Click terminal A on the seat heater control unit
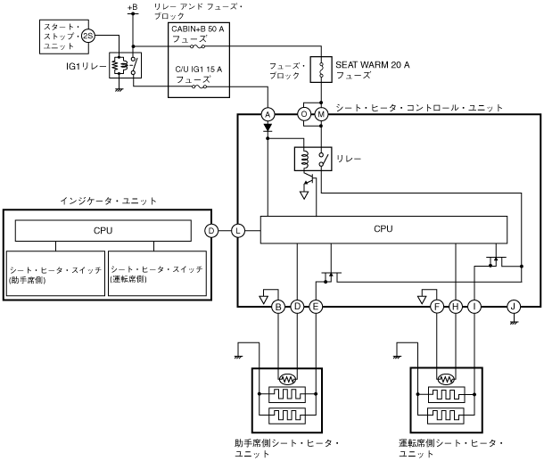267,114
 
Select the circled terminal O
304,114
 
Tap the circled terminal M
321,114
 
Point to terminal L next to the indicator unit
238,231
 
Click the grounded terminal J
513,307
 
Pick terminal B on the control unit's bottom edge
278,307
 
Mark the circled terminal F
437,307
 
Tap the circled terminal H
456,307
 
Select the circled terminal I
474,307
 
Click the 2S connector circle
87,37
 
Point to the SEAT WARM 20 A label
372,65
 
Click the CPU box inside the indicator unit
103,230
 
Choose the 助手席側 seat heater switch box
55,274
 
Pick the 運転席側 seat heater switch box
157,274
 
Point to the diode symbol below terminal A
267,128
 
